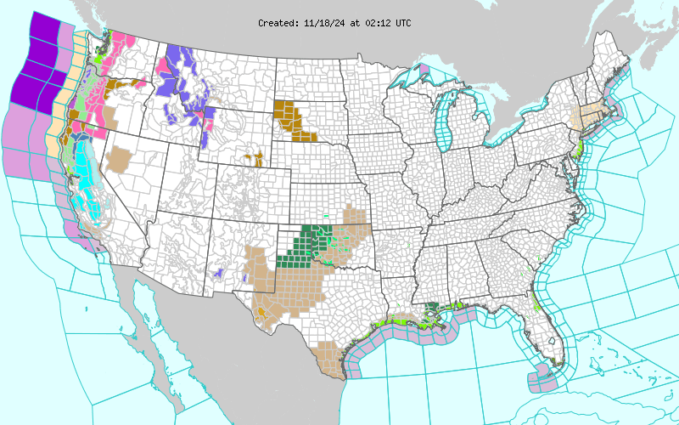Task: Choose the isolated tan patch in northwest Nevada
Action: [118, 159]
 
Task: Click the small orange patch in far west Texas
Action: [261, 311]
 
